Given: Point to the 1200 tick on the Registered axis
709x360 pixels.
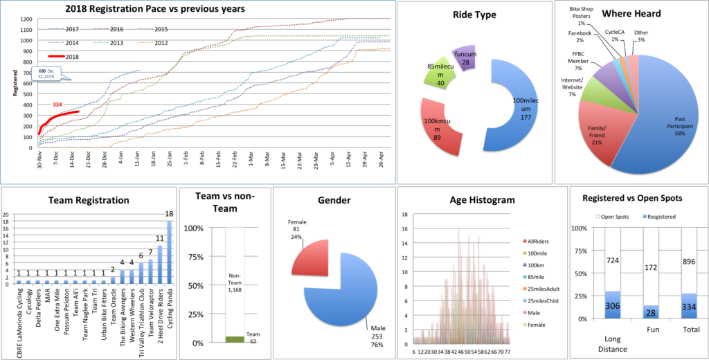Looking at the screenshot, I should [27, 19].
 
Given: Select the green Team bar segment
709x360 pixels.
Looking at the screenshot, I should [234, 339].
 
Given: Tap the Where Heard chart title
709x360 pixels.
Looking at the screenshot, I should [631, 13].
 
